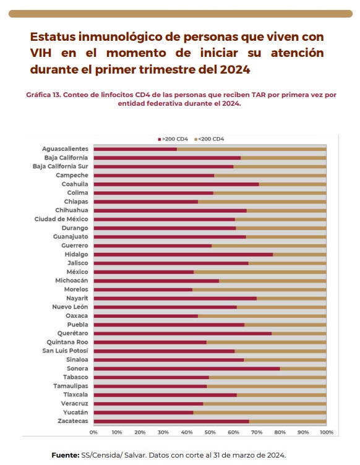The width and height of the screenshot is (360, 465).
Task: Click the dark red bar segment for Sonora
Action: pos(187,369)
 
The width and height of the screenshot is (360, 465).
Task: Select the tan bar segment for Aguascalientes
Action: pos(252,149)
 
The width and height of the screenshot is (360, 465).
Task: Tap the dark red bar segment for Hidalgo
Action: pos(183,254)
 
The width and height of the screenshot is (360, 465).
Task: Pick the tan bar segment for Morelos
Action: pos(259,289)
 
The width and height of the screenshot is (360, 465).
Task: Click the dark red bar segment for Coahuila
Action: pos(176,184)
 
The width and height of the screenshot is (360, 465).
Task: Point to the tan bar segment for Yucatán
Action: pos(260,412)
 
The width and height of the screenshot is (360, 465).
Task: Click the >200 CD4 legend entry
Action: pos(173,139)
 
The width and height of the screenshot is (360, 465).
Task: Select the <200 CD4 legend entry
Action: pos(209,139)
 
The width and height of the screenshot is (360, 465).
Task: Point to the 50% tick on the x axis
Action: pos(210,432)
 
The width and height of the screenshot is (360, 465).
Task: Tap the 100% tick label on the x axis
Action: pos(326,432)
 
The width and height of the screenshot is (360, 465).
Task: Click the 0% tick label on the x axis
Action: pos(93,432)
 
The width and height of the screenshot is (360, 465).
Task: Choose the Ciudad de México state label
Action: pos(61,219)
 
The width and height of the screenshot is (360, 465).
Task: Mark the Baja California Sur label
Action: pos(60,166)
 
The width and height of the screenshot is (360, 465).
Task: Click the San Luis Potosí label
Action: pos(65,351)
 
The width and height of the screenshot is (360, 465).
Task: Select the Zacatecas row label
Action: pos(73,421)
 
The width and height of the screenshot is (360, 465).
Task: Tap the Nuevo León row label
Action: pos(70,307)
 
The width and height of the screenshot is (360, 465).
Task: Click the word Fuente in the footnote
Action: pos(65,455)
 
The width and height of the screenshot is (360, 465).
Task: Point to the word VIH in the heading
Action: pos(41,53)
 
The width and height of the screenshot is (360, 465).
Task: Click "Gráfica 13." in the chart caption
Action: pos(43,95)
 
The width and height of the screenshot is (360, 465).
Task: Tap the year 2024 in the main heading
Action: pos(235,69)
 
